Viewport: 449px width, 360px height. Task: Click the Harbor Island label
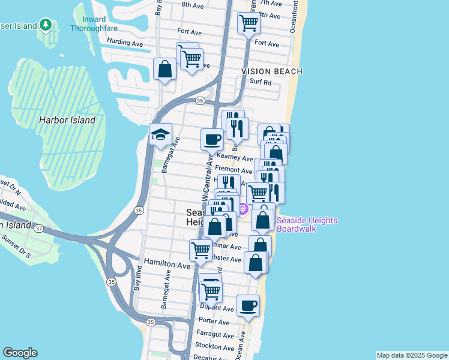(x=67, y=120)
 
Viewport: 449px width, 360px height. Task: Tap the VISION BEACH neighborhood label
(x=272, y=71)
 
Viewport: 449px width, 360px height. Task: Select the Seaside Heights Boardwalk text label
(x=307, y=225)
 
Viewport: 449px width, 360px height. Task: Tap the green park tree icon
(x=45, y=25)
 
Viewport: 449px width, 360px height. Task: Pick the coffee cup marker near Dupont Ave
(x=248, y=306)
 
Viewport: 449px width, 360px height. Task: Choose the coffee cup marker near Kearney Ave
(x=211, y=140)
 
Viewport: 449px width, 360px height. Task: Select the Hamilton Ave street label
(x=167, y=265)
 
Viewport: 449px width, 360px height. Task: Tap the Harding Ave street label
(x=124, y=43)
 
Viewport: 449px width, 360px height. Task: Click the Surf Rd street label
(x=261, y=82)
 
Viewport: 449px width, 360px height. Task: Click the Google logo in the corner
(x=20, y=353)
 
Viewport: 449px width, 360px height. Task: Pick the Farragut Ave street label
(x=214, y=334)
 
